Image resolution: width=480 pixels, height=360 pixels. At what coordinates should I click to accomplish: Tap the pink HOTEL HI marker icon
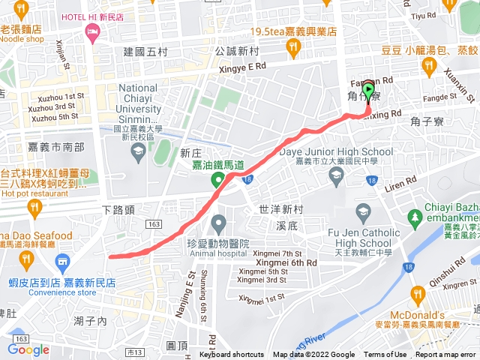[92, 31]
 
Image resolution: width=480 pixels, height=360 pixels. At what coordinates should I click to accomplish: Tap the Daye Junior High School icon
[337, 175]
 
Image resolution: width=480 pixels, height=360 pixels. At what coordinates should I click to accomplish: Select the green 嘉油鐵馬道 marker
[217, 179]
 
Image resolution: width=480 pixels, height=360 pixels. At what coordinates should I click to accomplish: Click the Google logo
[28, 349]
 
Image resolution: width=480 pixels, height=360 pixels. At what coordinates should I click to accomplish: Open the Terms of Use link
[385, 355]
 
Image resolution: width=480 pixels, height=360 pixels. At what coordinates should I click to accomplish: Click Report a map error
[446, 355]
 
